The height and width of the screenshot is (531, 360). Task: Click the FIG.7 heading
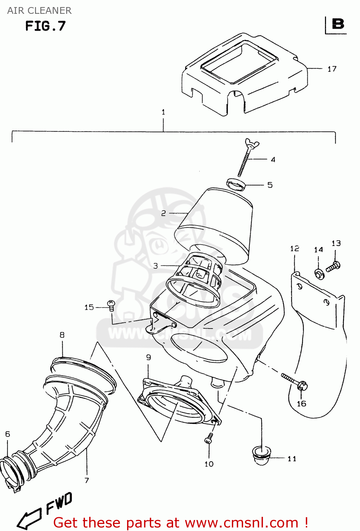pyautogui.click(x=45, y=26)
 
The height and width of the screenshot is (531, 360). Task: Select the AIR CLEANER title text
pyautogui.click(x=39, y=11)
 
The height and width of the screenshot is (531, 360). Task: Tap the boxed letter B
pyautogui.click(x=338, y=24)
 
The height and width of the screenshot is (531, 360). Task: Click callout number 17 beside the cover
pyautogui.click(x=332, y=69)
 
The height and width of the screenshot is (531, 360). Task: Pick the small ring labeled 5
pyautogui.click(x=236, y=184)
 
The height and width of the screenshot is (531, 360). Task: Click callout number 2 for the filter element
pyautogui.click(x=163, y=213)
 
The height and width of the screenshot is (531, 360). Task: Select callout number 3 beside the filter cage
pyautogui.click(x=155, y=265)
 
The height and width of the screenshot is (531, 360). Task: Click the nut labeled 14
pyautogui.click(x=319, y=274)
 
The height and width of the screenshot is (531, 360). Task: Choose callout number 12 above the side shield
pyautogui.click(x=295, y=249)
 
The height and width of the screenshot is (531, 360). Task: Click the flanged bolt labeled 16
pyautogui.click(x=295, y=382)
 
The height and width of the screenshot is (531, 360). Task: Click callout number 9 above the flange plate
pyautogui.click(x=149, y=357)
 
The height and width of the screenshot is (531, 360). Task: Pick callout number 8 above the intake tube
pyautogui.click(x=62, y=335)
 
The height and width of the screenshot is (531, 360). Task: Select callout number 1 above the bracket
pyautogui.click(x=163, y=112)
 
